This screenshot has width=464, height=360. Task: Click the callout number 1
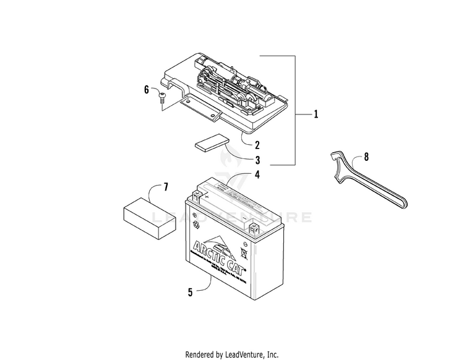[x=316, y=114]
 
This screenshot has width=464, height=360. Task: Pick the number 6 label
[x=147, y=90]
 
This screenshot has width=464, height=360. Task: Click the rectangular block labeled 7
[x=146, y=213]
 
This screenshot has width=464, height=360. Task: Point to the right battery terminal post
[x=254, y=228]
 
